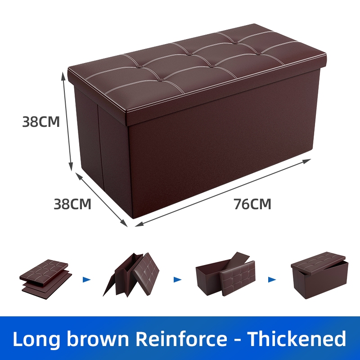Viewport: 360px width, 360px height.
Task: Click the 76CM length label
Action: pos(252,204)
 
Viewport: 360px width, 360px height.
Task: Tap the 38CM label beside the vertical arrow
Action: pos(41,122)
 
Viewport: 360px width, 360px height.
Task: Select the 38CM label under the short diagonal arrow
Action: pos(72,204)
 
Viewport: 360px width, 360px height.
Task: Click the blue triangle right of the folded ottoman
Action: pos(87,279)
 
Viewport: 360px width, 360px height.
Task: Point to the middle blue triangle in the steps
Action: pos(178,279)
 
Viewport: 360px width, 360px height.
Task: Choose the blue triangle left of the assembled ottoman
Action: pos(271,279)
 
